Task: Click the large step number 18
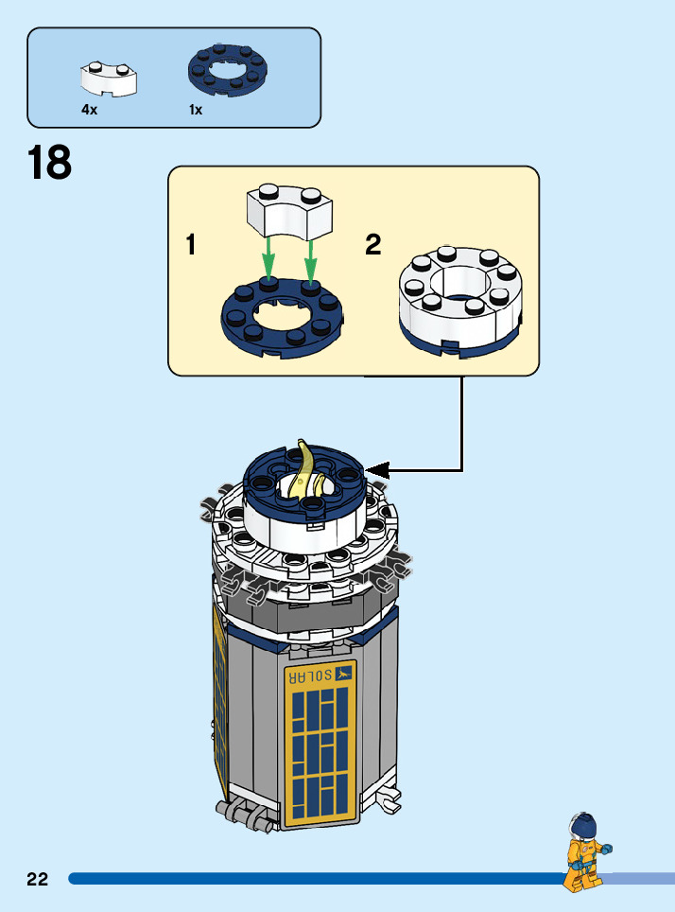49,163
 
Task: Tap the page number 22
38,879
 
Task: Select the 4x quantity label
90,110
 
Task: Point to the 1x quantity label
196,110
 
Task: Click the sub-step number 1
191,246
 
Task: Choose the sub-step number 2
373,246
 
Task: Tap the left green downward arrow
269,257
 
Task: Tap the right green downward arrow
310,257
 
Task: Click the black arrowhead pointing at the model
379,469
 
